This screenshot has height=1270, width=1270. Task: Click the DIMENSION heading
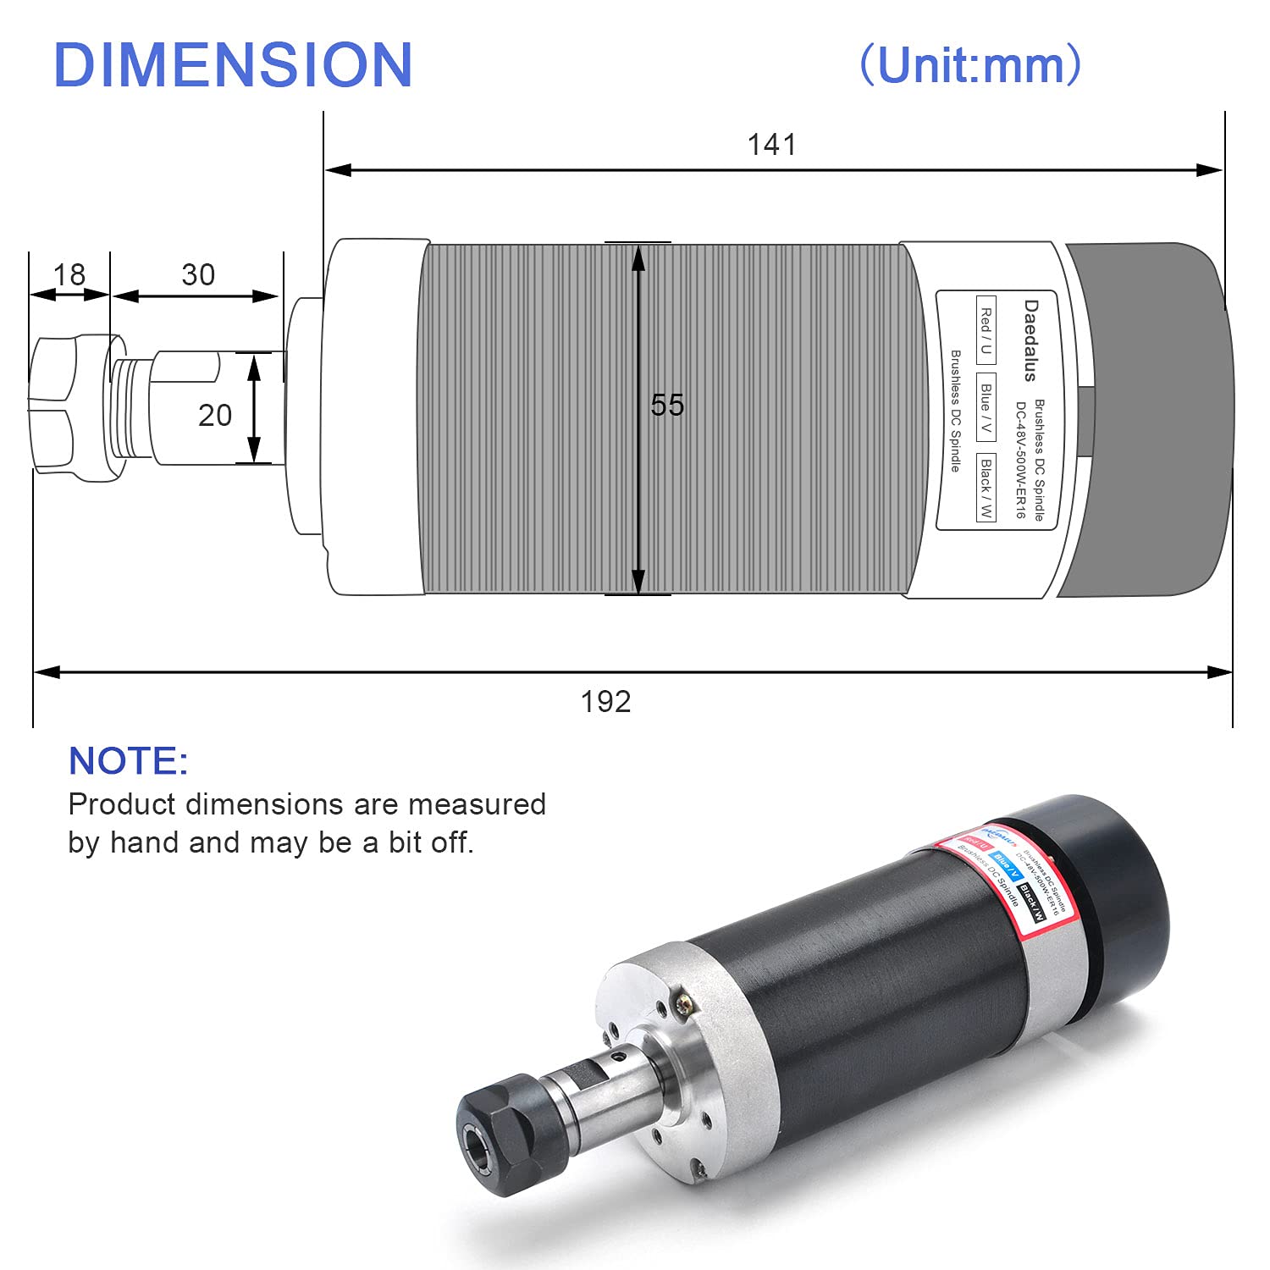coord(233,65)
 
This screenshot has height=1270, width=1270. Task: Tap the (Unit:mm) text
coord(970,64)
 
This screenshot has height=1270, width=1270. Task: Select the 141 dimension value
coord(771,145)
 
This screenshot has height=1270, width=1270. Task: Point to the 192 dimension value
coord(605,702)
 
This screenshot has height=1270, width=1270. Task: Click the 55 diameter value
coord(666,406)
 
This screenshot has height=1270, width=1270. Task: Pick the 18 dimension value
coord(69,275)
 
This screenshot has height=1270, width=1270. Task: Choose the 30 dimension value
coord(198,275)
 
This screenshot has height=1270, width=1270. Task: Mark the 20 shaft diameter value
coord(214,416)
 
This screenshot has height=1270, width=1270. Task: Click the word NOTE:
coord(128,761)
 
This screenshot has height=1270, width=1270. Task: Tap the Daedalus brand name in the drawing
coord(1030,340)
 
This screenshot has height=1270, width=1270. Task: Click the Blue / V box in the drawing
coord(986,406)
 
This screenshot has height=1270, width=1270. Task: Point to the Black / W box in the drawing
coord(986,488)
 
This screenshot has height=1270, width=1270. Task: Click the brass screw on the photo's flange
coord(683,1004)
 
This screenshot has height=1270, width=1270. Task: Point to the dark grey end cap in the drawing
coord(1143,419)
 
